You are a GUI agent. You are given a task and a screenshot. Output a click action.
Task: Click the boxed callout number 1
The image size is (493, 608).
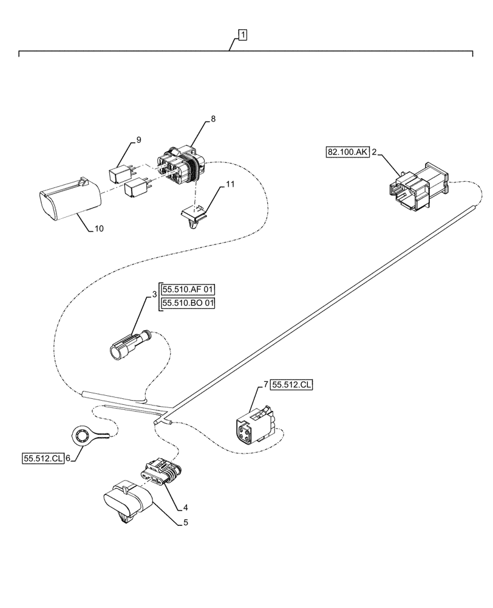242,36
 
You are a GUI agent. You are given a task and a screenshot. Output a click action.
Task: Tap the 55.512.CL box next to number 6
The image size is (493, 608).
43,459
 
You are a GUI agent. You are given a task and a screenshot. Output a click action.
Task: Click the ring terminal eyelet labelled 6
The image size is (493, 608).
81,436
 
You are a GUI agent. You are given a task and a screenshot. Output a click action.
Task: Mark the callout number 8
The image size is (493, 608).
212,119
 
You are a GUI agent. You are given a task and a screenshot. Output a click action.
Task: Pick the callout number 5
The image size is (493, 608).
186,522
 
